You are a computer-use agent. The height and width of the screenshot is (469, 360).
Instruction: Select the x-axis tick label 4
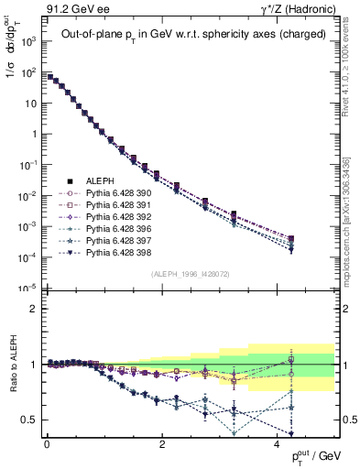(277, 443)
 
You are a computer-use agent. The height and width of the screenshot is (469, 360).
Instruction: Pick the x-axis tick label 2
(162, 443)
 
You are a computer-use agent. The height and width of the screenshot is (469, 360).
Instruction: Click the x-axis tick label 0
(47, 443)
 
